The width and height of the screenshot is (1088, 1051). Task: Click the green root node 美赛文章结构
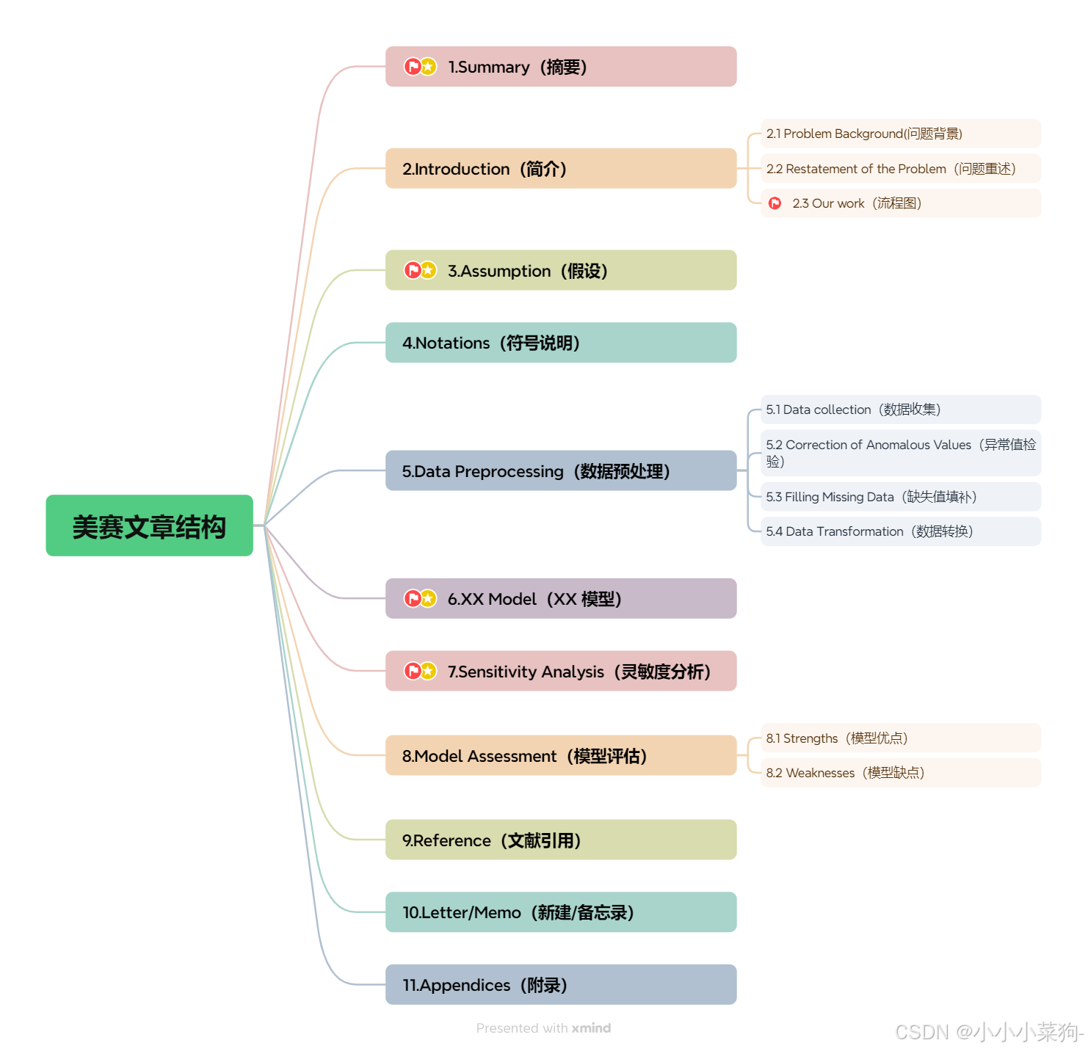click(x=149, y=525)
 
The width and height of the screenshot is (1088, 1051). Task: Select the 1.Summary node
click(x=561, y=67)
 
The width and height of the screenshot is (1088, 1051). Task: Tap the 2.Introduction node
click(x=561, y=169)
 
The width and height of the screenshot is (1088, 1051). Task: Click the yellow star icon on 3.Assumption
click(x=429, y=271)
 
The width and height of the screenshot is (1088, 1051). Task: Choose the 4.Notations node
click(x=561, y=343)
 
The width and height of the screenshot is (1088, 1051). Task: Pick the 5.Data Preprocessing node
click(x=561, y=471)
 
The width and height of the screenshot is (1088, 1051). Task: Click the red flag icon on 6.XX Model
click(x=413, y=599)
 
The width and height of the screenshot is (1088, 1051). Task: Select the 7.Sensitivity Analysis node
click(x=561, y=672)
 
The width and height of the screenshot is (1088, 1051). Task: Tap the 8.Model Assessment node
click(x=561, y=756)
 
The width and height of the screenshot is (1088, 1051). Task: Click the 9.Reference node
click(x=561, y=840)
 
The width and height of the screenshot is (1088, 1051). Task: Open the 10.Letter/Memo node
click(x=561, y=912)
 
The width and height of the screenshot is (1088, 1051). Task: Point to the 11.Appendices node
click(x=561, y=985)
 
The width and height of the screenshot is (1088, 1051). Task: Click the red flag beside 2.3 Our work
click(x=775, y=203)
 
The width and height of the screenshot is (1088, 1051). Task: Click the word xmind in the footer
click(x=591, y=1028)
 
